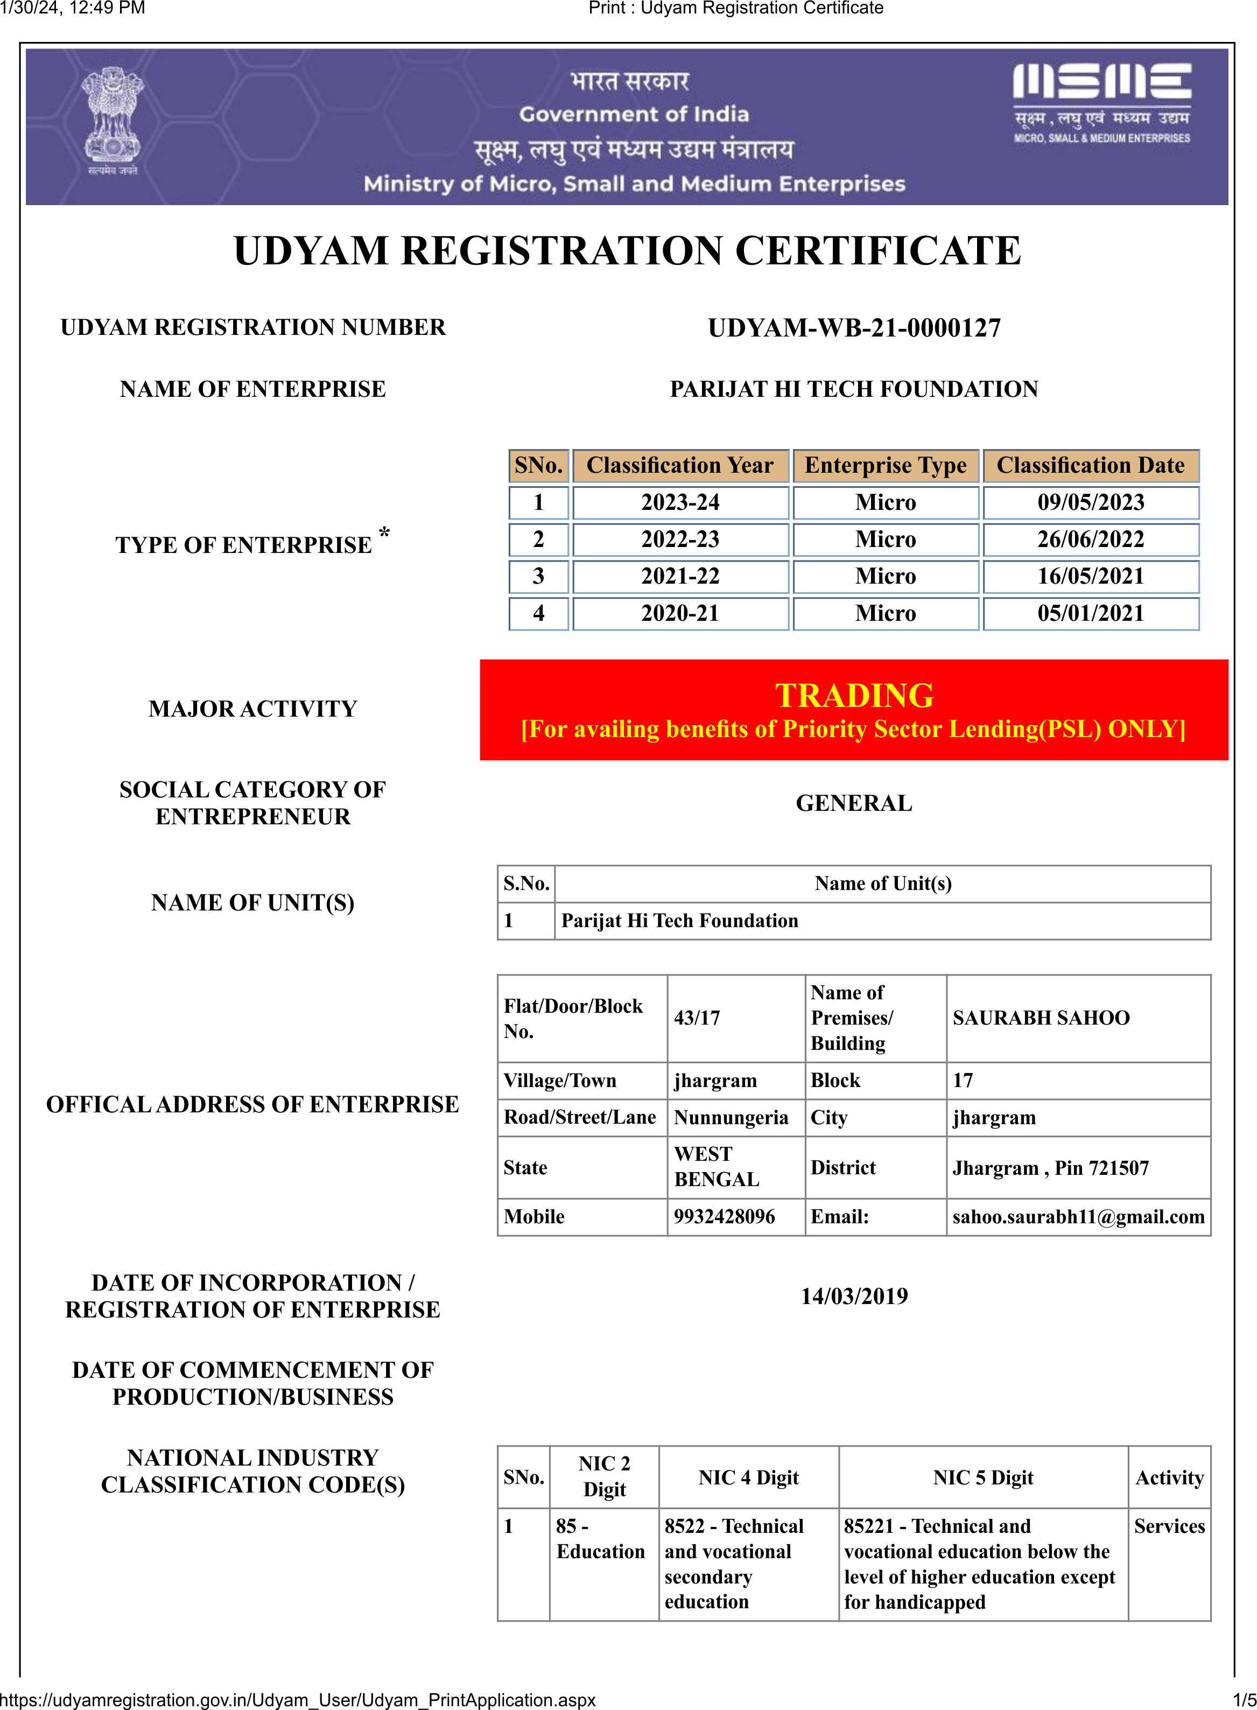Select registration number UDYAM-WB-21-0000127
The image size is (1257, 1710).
pyautogui.click(x=854, y=328)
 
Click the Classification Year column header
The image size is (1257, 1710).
pyautogui.click(x=679, y=465)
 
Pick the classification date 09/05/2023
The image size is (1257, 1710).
pyautogui.click(x=1090, y=502)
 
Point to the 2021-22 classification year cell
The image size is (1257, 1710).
pyautogui.click(x=679, y=576)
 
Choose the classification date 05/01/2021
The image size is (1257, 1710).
pyautogui.click(x=1090, y=613)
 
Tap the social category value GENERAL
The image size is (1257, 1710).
pyautogui.click(x=854, y=803)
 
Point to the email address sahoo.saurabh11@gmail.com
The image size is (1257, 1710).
pyautogui.click(x=1077, y=1216)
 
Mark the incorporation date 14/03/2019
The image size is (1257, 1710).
pyautogui.click(x=854, y=1296)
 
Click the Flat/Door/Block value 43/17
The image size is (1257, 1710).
pyautogui.click(x=696, y=1018)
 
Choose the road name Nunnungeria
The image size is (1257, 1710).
pyautogui.click(x=731, y=1117)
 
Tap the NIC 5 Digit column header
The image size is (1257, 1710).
pyautogui.click(x=982, y=1477)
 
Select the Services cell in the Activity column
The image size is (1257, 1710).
pyautogui.click(x=1169, y=1526)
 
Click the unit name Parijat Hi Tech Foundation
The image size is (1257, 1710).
pyautogui.click(x=679, y=921)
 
